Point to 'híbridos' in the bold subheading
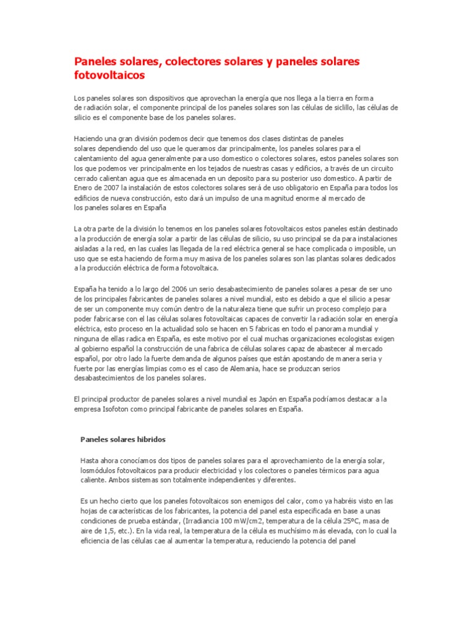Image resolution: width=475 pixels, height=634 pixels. click(150, 440)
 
